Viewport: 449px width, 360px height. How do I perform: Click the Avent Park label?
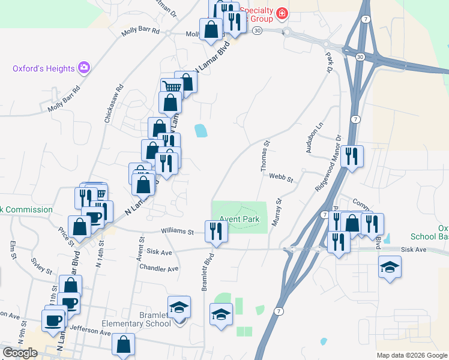[x=239, y=220]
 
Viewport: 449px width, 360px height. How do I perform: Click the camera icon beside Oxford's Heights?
[x=85, y=68]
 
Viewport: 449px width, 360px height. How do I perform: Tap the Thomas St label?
[x=265, y=157]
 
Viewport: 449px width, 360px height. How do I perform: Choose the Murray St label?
[x=278, y=212]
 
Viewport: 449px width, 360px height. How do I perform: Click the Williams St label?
[x=177, y=231]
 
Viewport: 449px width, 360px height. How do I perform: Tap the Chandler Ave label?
[x=159, y=268]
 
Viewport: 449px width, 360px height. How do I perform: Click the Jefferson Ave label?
[x=90, y=330]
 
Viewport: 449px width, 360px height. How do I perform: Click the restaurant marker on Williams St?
[x=215, y=231]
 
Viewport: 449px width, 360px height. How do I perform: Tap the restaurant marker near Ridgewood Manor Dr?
[x=351, y=156]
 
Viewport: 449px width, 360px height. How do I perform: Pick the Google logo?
[x=20, y=353]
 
